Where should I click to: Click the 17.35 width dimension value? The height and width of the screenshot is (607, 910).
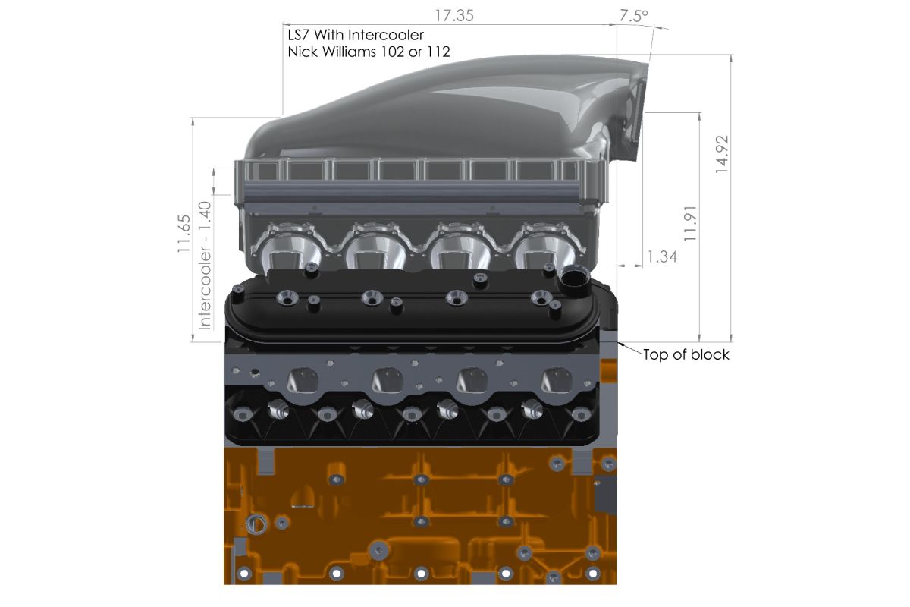454,16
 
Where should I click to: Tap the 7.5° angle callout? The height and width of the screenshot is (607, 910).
633,16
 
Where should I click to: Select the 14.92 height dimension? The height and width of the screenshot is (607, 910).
722,155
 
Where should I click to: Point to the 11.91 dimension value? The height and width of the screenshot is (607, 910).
690,224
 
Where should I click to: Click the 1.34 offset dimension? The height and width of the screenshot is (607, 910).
662,256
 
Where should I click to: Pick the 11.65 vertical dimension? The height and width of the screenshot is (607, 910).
184,234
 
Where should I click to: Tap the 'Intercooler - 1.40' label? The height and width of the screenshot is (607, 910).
204,266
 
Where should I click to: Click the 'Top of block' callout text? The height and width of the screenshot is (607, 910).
686,354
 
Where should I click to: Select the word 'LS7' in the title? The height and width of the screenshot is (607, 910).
299,35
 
